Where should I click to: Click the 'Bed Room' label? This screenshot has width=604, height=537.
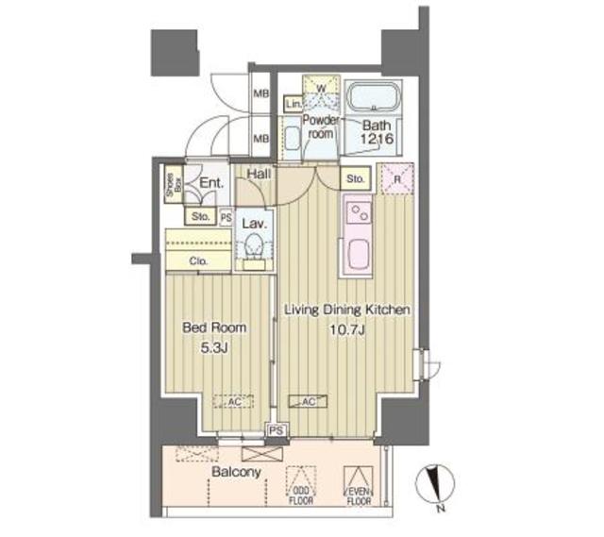(x=214, y=328)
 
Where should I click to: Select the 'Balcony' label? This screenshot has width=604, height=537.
(x=236, y=470)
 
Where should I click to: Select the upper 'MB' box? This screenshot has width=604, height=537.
(x=261, y=94)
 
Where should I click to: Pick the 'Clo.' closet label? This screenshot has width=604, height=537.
(x=198, y=261)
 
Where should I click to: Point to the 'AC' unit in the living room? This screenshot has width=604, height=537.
(x=310, y=401)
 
